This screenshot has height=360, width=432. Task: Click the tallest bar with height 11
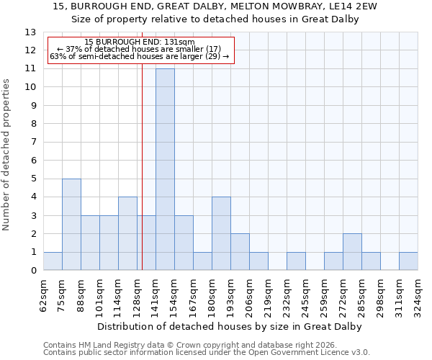(x=165, y=169)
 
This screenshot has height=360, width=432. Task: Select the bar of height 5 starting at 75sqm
(x=71, y=225)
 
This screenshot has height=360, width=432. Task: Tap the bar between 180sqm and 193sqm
(x=221, y=234)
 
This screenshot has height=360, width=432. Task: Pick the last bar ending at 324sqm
(x=408, y=261)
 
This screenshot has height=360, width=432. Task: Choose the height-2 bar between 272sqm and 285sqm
(x=352, y=252)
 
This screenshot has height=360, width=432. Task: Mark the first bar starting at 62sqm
(x=53, y=261)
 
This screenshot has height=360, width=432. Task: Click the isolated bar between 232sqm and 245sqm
(x=296, y=261)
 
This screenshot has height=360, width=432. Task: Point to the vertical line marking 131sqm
(x=142, y=144)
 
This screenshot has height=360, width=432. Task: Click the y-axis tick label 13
(x=30, y=32)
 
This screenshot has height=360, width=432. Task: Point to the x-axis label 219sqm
(x=268, y=295)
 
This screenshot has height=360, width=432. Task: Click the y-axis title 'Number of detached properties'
(x=6, y=154)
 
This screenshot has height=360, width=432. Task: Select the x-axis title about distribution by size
(x=229, y=326)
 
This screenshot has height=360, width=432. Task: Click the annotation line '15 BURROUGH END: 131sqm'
(x=140, y=42)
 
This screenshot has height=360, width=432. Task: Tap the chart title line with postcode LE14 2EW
(x=215, y=6)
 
